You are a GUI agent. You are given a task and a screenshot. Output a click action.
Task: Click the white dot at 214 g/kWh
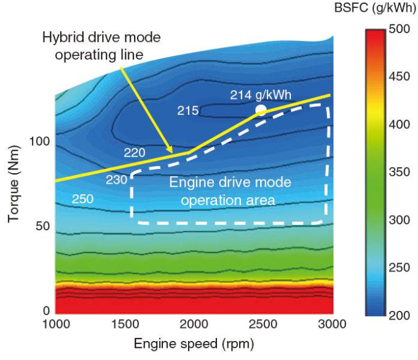pos(261,110)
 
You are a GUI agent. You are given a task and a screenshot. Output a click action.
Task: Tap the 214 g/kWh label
pos(261,95)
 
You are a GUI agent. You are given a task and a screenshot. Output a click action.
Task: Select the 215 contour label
pos(187,111)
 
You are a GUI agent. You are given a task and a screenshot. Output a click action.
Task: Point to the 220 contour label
pos(135,152)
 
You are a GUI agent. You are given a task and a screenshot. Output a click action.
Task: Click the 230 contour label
pos(116,180)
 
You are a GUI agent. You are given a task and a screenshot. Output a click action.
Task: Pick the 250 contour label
pos(83,198)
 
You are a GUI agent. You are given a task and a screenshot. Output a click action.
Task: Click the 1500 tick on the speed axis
pos(125,324)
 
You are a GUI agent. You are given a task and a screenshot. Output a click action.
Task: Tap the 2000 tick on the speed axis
pos(194,324)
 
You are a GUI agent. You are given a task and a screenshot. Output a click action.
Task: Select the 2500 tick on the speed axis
pos(262,324)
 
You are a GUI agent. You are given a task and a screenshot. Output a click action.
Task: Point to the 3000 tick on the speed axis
pos(332,324)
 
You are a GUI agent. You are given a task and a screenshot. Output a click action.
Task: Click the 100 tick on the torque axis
pos(39,142)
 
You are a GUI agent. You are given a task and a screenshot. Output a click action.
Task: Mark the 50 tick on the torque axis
pos(42,226)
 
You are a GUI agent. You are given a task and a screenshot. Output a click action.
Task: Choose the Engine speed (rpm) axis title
pos(194,343)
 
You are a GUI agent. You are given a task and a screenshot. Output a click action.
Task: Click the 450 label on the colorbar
pos(400,77)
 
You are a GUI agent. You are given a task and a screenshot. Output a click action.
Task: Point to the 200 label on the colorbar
pos(400,315)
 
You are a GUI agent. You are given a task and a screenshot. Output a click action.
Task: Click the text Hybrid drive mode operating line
pos(101,45)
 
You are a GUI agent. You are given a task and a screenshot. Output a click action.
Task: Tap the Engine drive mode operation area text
pos(230,190)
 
